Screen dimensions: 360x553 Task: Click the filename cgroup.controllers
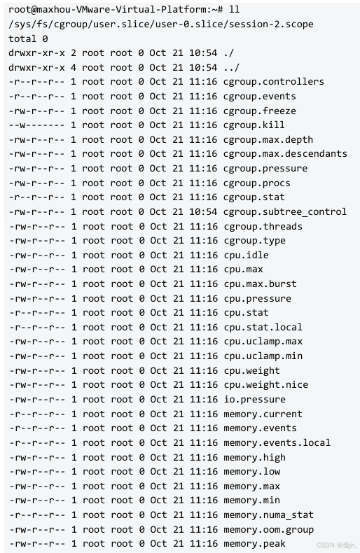click(274, 82)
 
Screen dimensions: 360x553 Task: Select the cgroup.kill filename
click(254, 125)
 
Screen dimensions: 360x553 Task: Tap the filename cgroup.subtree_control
click(285, 211)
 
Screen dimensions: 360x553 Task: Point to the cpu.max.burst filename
click(260, 284)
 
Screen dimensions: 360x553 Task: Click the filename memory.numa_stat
click(268, 515)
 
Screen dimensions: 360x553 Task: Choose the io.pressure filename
click(254, 399)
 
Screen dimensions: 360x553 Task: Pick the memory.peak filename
click(254, 544)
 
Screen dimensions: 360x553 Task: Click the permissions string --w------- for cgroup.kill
click(36, 125)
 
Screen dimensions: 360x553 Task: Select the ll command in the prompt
click(235, 9)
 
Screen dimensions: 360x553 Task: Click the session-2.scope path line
click(161, 24)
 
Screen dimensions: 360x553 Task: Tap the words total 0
click(28, 38)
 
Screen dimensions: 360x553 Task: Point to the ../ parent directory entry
click(232, 67)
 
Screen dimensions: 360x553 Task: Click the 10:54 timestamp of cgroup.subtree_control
click(203, 211)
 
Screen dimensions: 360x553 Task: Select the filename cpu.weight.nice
click(265, 385)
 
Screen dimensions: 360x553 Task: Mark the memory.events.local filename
click(277, 442)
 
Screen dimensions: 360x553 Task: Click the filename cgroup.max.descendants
click(285, 154)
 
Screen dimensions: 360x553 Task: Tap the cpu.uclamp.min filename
click(263, 356)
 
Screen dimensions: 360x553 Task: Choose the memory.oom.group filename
click(268, 529)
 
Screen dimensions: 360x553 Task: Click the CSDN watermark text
click(337, 545)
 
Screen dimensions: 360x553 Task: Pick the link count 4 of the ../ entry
click(74, 67)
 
